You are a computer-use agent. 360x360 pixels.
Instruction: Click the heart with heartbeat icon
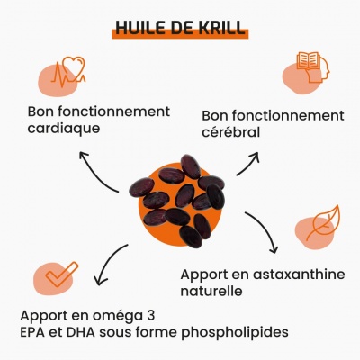(x=68, y=72)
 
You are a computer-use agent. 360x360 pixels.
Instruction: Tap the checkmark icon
(x=62, y=274)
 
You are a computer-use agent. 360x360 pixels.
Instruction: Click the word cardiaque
(x=64, y=129)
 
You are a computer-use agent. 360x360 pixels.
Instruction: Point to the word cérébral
(x=230, y=132)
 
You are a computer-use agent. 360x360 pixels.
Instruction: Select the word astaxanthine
(x=299, y=274)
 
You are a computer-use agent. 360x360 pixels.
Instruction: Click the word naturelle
(x=211, y=291)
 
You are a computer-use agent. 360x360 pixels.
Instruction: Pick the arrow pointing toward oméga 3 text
(x=106, y=262)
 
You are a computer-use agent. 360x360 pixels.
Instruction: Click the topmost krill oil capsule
(x=191, y=166)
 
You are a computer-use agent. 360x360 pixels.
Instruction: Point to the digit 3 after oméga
(x=151, y=316)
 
